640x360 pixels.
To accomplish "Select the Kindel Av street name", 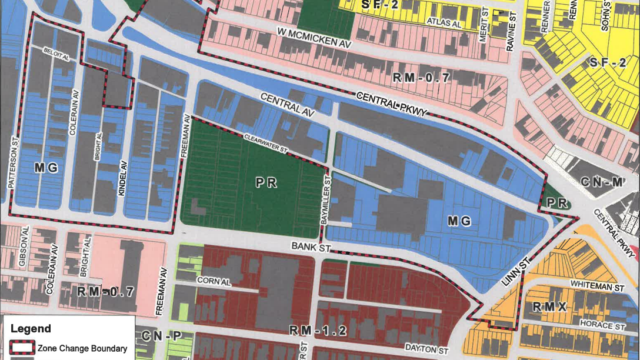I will tap(124, 177).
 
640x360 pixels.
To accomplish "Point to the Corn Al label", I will tap(214, 282).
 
